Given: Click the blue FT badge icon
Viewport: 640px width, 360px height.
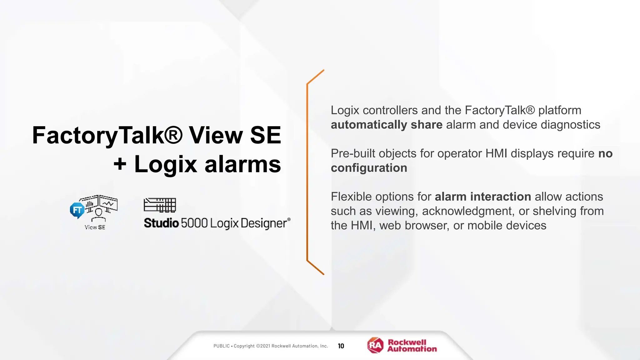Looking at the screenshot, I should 77,210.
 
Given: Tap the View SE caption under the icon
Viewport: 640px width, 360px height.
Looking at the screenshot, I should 95,227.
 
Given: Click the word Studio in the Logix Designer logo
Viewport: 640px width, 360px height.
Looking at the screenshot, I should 161,223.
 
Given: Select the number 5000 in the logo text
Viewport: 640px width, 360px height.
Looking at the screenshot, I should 194,223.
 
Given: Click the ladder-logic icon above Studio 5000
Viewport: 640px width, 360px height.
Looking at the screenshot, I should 160,205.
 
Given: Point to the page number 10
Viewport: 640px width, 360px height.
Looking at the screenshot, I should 341,346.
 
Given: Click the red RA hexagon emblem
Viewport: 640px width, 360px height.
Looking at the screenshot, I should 375,345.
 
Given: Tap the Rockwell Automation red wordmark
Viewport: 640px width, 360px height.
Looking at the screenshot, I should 412,346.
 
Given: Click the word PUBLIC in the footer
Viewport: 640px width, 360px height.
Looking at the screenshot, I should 222,346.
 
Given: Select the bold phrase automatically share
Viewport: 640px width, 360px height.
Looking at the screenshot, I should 387,125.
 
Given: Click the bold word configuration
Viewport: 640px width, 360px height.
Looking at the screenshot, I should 369,168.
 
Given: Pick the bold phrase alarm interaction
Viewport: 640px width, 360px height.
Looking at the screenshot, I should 483,197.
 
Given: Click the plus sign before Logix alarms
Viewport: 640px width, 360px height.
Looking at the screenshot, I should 120,164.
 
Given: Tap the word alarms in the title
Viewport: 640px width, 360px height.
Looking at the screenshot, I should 242,164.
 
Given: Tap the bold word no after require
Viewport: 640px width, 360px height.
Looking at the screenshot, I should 605,153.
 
